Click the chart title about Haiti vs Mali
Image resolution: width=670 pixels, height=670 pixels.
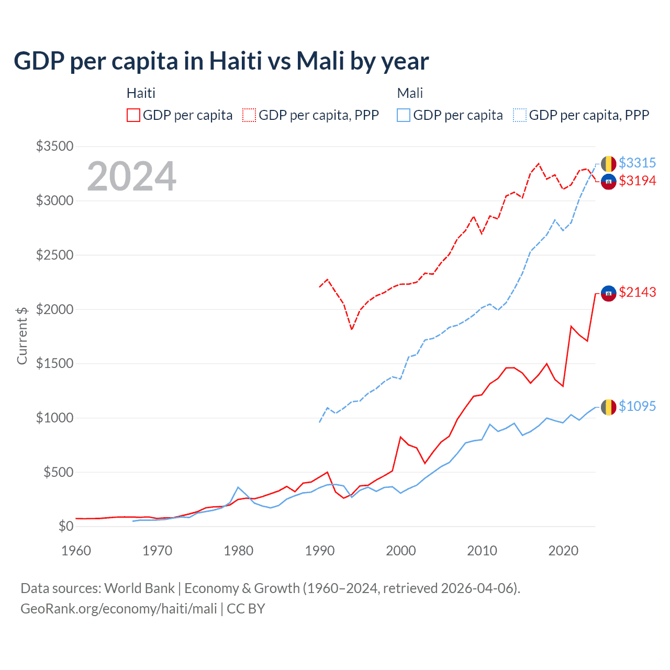pos(221,61)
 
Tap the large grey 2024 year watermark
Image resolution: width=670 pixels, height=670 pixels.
pos(131,176)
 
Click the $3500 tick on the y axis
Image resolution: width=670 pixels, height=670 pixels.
pos(54,146)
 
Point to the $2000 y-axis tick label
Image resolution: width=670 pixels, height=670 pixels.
pos(54,309)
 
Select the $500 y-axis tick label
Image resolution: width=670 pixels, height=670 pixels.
pos(58,472)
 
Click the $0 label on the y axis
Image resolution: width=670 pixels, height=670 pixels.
pos(65,526)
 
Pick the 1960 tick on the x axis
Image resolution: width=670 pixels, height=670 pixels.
pos(76,551)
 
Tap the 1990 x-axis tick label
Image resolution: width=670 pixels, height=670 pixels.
pos(320,551)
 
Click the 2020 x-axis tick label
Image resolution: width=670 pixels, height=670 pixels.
pos(563,551)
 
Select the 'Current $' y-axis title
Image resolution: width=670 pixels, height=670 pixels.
pos(22,336)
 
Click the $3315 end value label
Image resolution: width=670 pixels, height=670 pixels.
pos(637,163)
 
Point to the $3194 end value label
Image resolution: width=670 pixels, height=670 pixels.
pos(637,181)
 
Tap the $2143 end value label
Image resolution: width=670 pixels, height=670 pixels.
pos(637,293)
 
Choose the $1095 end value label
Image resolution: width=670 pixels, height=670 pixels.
pos(637,407)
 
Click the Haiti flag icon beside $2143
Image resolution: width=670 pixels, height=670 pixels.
pos(608,293)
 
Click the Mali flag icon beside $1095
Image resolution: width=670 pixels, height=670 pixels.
pos(608,407)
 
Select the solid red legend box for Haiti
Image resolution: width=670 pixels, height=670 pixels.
pos(133,115)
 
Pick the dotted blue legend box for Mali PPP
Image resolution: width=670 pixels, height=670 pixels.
pos(520,115)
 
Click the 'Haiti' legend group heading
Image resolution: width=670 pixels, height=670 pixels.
pos(141,93)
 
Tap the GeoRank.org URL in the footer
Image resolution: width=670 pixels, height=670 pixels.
pos(119,609)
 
